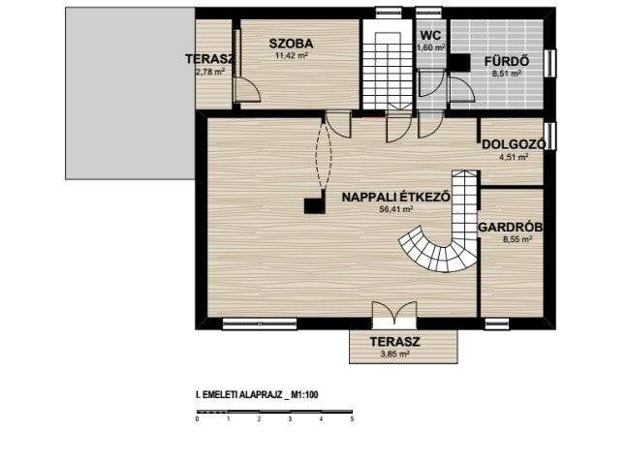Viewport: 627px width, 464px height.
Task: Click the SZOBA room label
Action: [x=291, y=44]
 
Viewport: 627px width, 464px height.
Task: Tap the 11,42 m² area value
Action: [x=291, y=55]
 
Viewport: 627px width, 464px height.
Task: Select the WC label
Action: [x=430, y=35]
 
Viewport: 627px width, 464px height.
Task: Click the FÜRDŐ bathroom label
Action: [x=507, y=62]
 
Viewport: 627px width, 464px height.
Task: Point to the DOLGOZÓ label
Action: [x=514, y=144]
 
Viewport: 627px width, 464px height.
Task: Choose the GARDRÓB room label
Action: [x=511, y=228]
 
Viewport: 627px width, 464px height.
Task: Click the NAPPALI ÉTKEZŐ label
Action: [x=396, y=197]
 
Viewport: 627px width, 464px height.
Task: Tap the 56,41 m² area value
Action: [x=396, y=209]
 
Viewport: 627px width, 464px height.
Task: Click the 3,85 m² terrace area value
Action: [x=394, y=354]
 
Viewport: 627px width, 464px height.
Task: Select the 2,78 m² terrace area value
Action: [x=210, y=72]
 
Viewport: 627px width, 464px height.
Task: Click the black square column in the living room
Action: [x=314, y=206]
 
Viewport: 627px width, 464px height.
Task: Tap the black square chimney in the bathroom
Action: [x=458, y=63]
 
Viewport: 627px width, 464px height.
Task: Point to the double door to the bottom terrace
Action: [x=394, y=312]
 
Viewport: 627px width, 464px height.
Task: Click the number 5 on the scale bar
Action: [x=352, y=419]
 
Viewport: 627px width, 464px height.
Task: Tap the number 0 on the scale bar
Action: [x=197, y=419]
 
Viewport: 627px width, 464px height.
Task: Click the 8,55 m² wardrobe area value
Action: [x=517, y=240]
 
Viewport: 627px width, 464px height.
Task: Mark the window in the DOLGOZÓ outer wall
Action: [x=551, y=136]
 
